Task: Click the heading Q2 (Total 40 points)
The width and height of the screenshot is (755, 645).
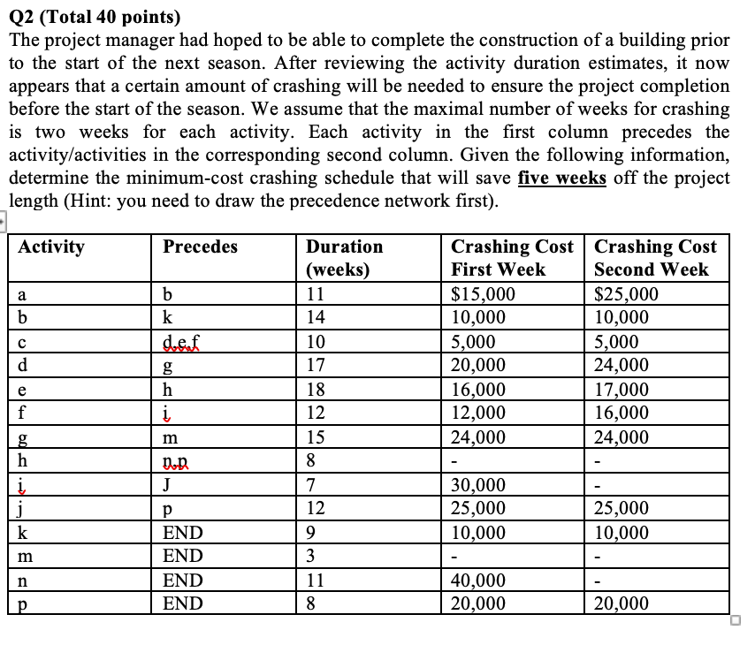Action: pyautogui.click(x=93, y=17)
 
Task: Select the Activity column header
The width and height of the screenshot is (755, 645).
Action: pyautogui.click(x=51, y=247)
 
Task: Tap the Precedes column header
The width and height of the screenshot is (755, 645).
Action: pyautogui.click(x=201, y=247)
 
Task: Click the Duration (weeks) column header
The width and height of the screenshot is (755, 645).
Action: pyautogui.click(x=344, y=258)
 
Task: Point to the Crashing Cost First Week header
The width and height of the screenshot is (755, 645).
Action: pyautogui.click(x=511, y=258)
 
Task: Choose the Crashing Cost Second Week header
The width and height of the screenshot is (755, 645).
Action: pyautogui.click(x=655, y=258)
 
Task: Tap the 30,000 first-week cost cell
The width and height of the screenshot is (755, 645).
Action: pyautogui.click(x=478, y=484)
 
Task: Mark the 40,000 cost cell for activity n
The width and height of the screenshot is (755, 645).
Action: pyautogui.click(x=478, y=580)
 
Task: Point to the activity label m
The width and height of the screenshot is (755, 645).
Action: pyautogui.click(x=22, y=557)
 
